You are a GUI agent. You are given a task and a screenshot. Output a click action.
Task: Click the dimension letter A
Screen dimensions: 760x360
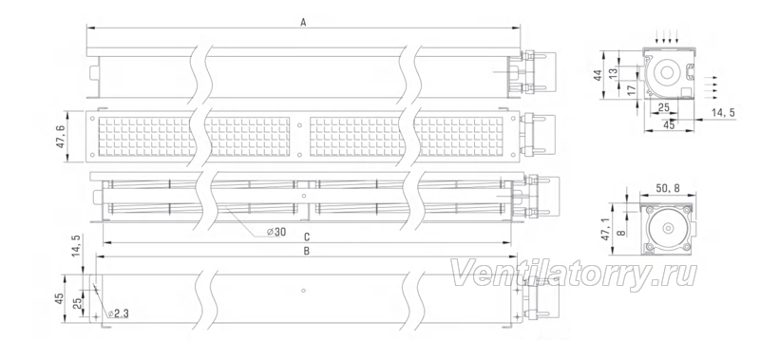303,22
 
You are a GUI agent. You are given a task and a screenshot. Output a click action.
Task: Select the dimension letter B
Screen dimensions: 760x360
306,251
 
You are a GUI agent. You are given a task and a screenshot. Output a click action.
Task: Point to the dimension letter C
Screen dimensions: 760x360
306,237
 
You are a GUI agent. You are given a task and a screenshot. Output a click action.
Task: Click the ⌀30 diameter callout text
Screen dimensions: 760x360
276,232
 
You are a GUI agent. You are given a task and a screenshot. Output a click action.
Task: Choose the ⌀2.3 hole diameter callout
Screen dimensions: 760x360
118,314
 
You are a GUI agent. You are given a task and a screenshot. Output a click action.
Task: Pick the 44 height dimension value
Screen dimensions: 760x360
598,75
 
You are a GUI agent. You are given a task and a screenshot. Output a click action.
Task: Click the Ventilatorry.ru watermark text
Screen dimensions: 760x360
574,275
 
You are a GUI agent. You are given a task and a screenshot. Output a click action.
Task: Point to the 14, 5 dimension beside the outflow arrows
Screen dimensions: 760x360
723,112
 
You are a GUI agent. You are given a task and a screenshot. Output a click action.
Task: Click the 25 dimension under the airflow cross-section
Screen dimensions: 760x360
663,106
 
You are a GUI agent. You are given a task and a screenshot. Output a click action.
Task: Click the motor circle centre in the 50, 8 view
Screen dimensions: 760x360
668,229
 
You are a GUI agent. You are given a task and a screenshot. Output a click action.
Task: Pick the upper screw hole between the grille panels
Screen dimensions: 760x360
298,124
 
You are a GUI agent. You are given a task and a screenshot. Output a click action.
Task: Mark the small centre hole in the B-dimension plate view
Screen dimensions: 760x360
302,291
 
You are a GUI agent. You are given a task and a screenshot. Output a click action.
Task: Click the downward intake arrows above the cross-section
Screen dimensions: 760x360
667,36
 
